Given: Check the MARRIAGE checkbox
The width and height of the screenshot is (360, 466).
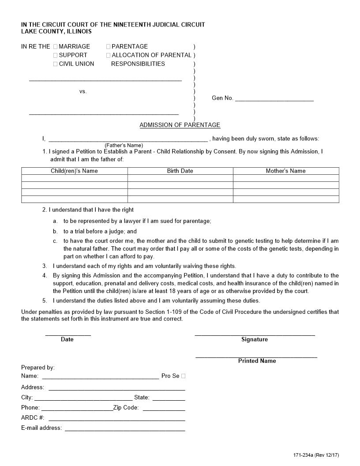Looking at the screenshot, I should click(x=55, y=46).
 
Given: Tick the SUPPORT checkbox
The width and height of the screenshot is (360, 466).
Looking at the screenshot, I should click(x=55, y=55).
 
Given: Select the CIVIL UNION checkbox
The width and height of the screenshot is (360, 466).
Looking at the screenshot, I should click(x=55, y=64).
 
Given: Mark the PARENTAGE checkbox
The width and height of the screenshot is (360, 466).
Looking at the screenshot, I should click(x=108, y=46).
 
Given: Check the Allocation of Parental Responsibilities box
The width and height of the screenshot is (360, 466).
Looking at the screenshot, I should click(x=108, y=55).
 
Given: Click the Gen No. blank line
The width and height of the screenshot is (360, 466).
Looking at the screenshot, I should click(x=274, y=100).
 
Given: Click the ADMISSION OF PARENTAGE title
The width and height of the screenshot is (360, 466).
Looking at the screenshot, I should click(x=180, y=125).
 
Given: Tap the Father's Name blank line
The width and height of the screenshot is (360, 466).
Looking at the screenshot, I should click(x=127, y=140).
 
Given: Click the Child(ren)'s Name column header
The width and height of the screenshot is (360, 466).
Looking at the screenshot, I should click(x=74, y=171).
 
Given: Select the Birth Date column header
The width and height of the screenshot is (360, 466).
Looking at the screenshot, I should click(x=180, y=171).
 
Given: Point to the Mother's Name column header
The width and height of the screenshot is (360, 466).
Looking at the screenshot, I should click(x=285, y=171).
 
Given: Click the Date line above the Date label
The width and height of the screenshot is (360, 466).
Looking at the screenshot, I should click(x=68, y=334).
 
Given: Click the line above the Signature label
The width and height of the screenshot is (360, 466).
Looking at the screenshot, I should click(x=255, y=334).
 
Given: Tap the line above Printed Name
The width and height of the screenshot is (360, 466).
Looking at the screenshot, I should click(x=256, y=356).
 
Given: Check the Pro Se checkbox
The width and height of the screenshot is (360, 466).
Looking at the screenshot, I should click(x=184, y=376).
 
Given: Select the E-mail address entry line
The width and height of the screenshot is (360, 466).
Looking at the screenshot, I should click(x=125, y=430).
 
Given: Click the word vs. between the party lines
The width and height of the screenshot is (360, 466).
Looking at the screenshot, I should click(x=83, y=91).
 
